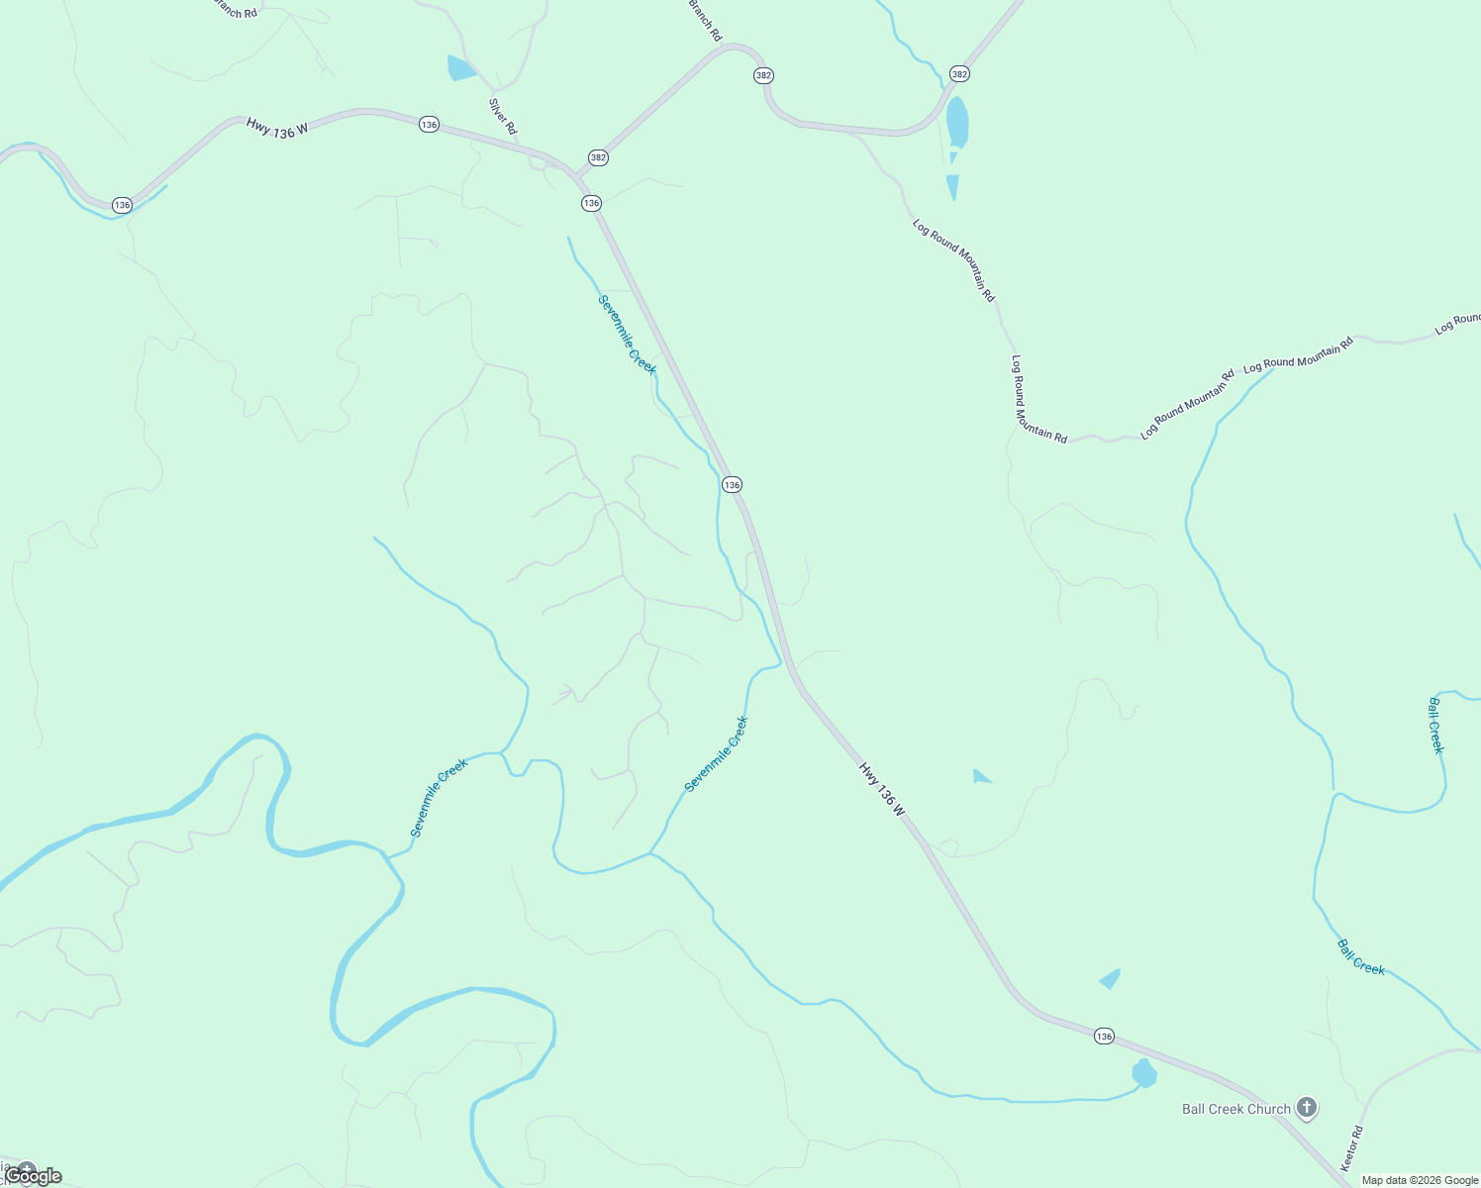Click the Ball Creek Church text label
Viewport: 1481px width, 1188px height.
pos(1235,1109)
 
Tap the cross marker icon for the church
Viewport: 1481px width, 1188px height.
pos(1307,1108)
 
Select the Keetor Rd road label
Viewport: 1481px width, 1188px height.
pos(1352,1147)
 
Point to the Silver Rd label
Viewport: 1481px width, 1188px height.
pos(503,116)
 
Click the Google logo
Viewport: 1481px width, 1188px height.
pos(34,1176)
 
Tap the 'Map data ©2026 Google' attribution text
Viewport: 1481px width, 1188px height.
pos(1420,1180)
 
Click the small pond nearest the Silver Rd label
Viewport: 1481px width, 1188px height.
pos(460,68)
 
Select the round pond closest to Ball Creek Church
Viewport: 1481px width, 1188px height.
pos(1144,1073)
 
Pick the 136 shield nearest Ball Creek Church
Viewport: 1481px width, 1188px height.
pos(1104,1037)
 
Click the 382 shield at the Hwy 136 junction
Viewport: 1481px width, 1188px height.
pos(598,157)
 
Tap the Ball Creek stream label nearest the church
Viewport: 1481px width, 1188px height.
pos(1361,956)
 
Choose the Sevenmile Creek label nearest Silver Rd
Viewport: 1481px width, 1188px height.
pos(628,335)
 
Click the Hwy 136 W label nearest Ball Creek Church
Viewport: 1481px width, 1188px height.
pos(881,789)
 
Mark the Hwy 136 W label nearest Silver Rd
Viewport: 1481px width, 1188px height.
pos(277,128)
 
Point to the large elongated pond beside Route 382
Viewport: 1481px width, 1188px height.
pos(957,123)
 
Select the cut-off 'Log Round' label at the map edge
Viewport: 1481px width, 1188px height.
pos(1458,324)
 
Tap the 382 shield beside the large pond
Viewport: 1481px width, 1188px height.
pos(959,74)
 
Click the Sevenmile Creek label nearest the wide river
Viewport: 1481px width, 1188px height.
pos(439,798)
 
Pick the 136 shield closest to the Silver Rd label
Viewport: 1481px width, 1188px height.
pos(429,125)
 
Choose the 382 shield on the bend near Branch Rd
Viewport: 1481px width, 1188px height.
pos(762,75)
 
